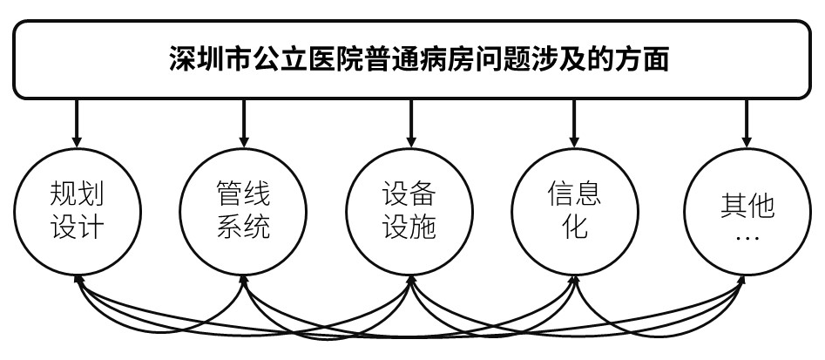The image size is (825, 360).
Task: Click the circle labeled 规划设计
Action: tap(78, 210)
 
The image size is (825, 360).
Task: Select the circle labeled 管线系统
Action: tap(243, 210)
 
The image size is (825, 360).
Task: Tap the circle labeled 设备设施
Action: tap(409, 210)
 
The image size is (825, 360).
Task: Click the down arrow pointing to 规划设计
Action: tap(78, 122)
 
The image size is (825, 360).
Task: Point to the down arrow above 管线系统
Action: tap(243, 122)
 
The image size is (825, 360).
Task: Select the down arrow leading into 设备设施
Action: tap(409, 122)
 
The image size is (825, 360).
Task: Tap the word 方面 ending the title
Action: tap(640, 60)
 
